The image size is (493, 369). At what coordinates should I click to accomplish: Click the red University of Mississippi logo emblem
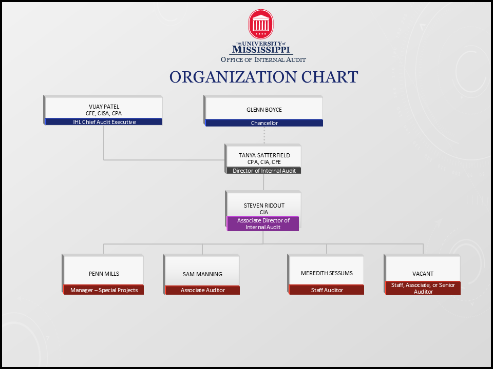tap(261, 24)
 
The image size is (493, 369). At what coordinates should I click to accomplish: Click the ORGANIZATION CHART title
tap(263, 77)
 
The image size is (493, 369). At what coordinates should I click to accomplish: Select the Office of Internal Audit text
tap(263, 59)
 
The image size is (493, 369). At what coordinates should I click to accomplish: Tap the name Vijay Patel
tap(104, 107)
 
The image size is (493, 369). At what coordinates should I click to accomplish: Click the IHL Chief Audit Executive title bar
tap(104, 122)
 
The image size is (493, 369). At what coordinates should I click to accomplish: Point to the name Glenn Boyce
tap(264, 110)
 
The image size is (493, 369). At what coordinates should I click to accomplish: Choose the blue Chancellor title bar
tap(264, 123)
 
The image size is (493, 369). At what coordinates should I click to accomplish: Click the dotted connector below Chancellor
tap(264, 135)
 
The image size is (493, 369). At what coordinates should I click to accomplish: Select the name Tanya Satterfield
tap(264, 155)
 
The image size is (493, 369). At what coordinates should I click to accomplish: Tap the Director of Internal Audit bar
tap(264, 171)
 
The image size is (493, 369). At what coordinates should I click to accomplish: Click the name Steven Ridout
tap(264, 206)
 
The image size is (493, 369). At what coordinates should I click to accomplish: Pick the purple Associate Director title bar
tap(263, 224)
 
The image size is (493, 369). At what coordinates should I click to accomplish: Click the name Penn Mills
tap(104, 274)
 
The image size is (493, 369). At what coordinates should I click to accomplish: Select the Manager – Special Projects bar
tap(104, 290)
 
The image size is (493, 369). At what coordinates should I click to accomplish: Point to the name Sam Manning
tap(202, 274)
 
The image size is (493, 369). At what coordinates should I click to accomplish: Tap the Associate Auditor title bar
tap(202, 290)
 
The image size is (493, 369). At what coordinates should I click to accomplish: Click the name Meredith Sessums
tap(327, 273)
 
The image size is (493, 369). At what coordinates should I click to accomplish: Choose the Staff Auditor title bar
tap(327, 290)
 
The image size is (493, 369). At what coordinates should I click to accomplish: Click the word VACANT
tap(423, 274)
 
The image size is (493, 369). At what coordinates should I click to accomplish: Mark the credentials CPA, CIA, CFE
tap(264, 162)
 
